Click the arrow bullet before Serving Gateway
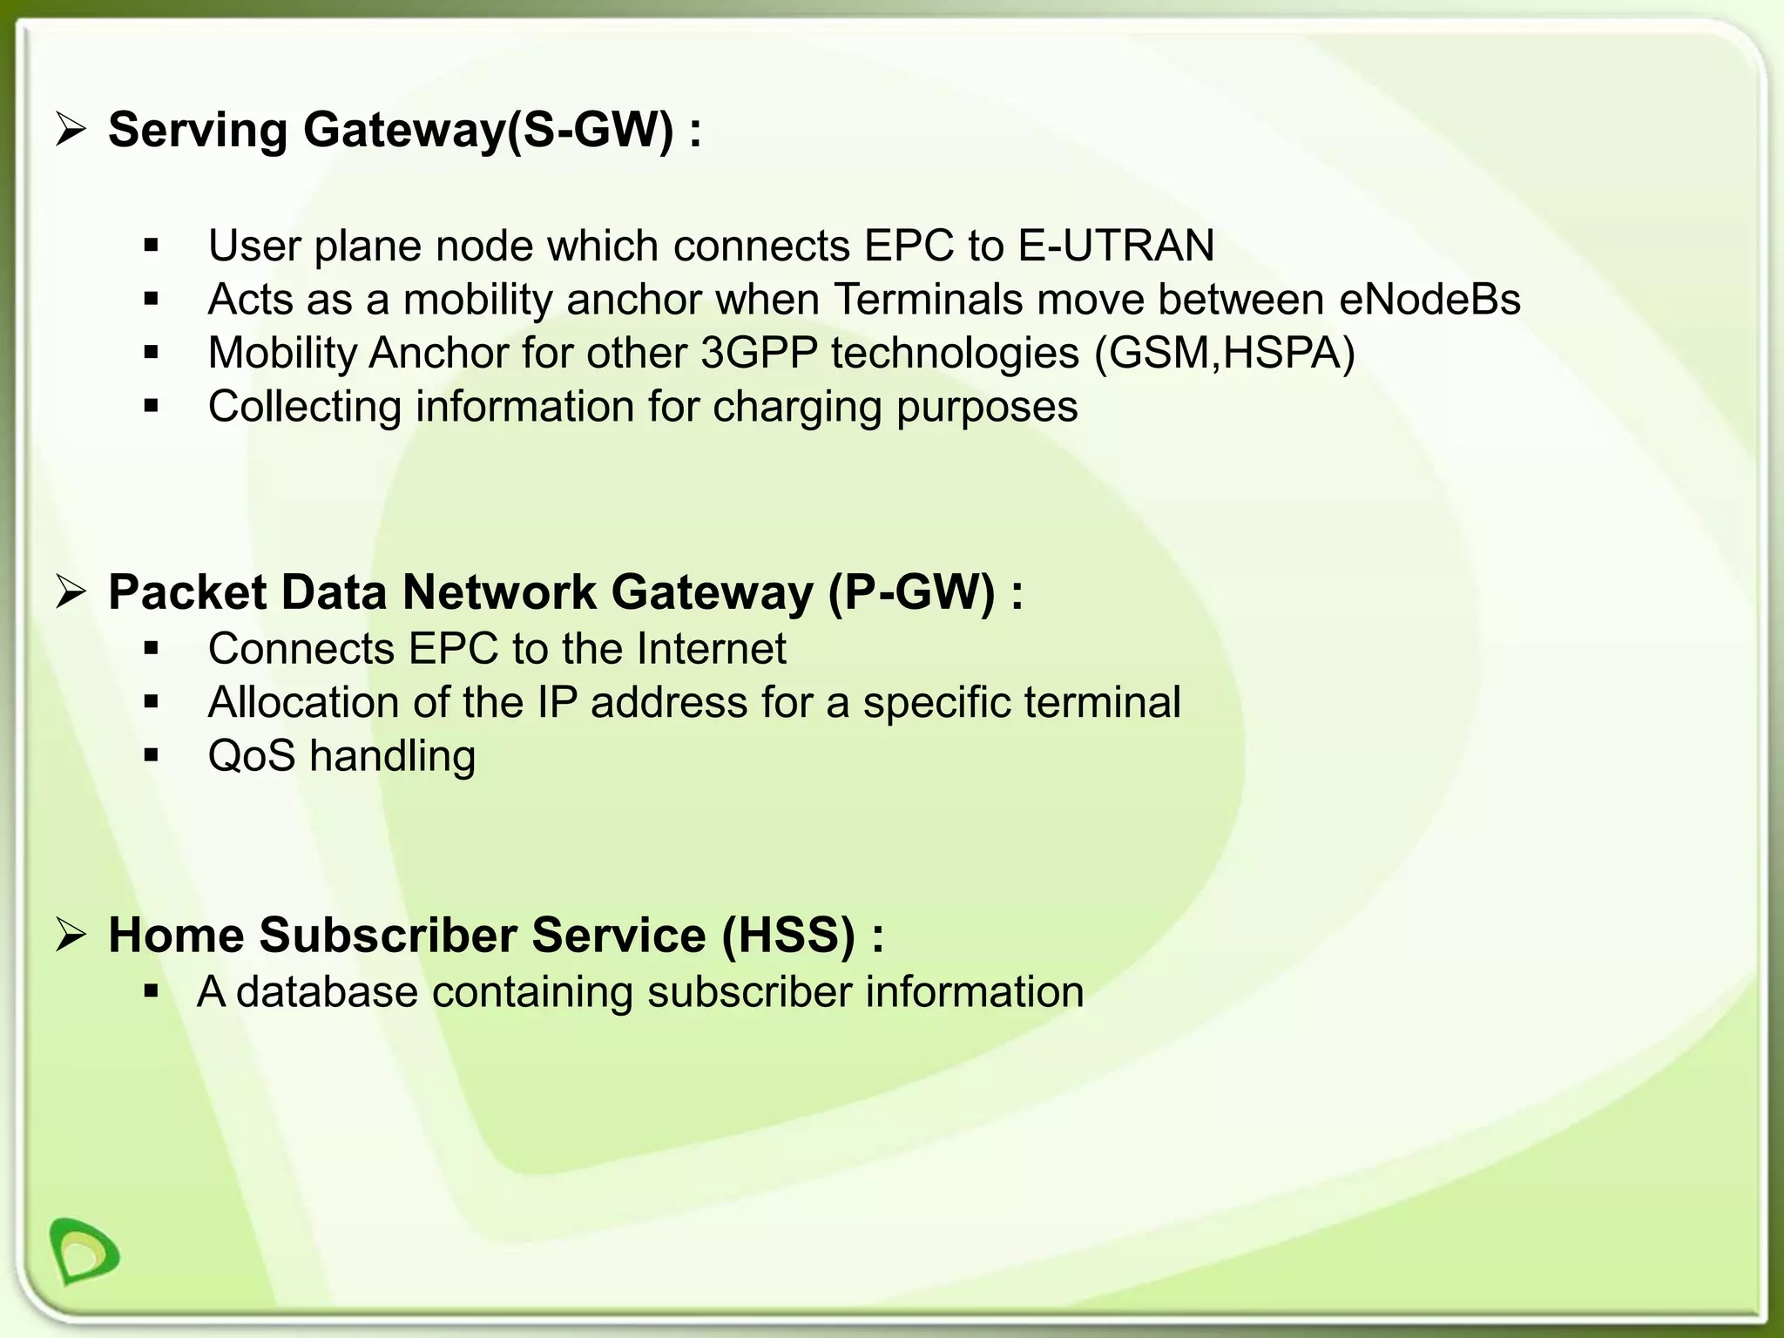(71, 130)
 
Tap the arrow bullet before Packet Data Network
(71, 593)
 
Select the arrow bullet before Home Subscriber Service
(71, 936)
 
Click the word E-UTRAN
(1116, 246)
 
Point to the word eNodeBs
(1429, 300)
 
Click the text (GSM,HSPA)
(1225, 354)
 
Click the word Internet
(711, 649)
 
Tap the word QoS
(252, 756)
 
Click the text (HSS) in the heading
(788, 936)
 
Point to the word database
(327, 992)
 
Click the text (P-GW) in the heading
(911, 593)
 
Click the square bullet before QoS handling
(152, 755)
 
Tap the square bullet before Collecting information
(152, 406)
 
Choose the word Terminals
(928, 300)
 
